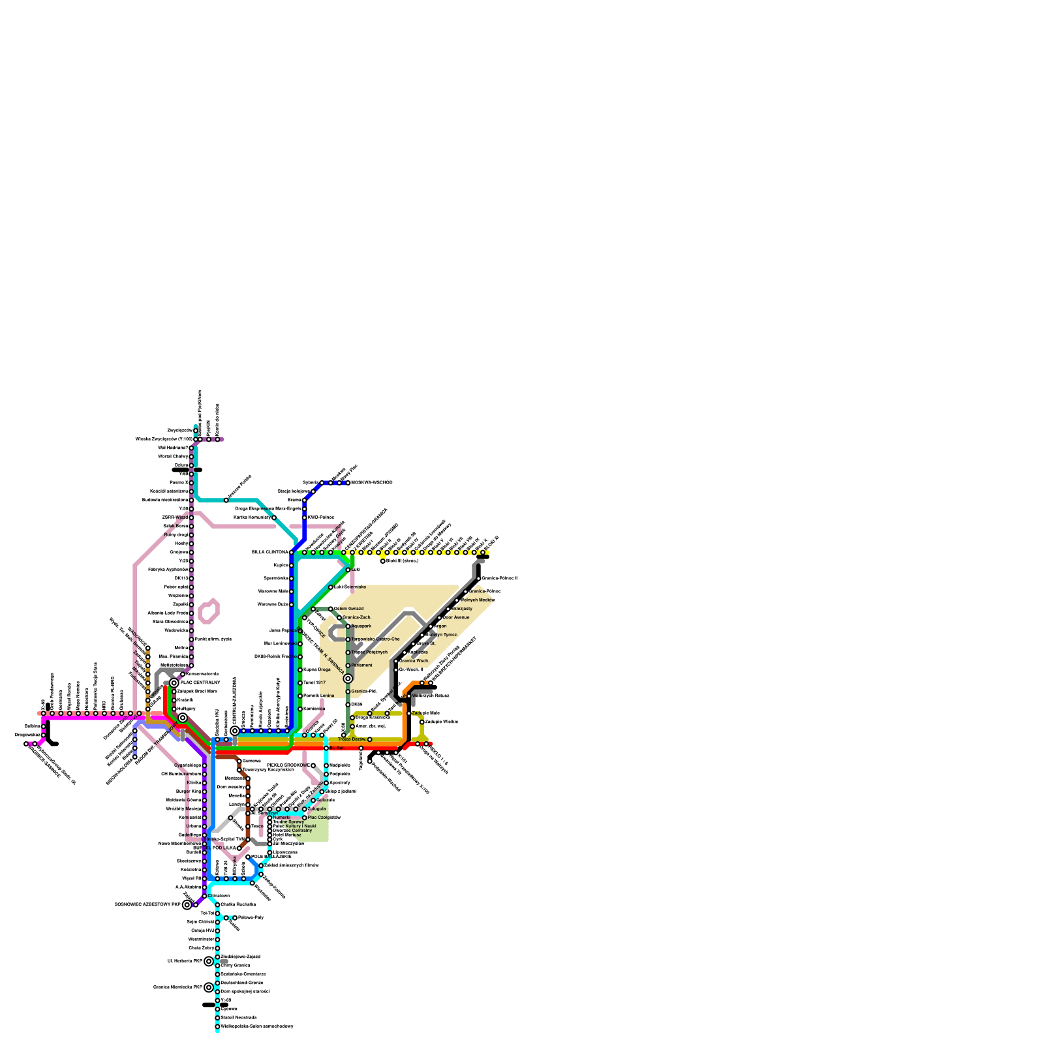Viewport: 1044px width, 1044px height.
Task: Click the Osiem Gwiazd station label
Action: (x=348, y=609)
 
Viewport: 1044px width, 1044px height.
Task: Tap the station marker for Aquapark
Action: (x=348, y=626)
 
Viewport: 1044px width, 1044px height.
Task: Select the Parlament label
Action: (x=361, y=666)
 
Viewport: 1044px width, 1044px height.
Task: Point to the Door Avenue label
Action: (x=456, y=617)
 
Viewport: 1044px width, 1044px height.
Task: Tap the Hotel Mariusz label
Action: (x=286, y=835)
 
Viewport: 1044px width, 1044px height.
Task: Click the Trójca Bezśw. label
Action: (x=352, y=739)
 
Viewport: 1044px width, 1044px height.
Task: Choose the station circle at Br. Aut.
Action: (x=326, y=748)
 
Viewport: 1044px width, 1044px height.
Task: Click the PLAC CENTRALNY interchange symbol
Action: (x=174, y=683)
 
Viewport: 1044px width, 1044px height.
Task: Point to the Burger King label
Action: (x=189, y=791)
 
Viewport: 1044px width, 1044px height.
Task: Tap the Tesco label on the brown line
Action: (x=257, y=827)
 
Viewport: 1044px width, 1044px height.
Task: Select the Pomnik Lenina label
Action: (x=318, y=696)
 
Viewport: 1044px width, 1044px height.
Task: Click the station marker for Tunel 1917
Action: (x=300, y=683)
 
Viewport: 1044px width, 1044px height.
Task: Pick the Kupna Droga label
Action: (x=316, y=670)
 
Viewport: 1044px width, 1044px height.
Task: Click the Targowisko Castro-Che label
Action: (x=375, y=639)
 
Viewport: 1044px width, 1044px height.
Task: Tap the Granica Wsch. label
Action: (x=414, y=661)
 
